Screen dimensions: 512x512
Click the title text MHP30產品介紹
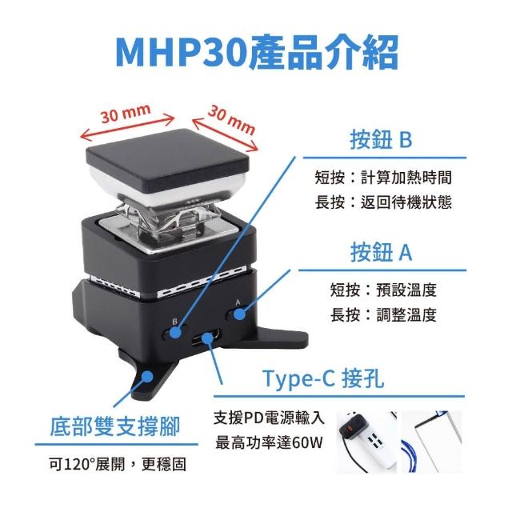point(257,53)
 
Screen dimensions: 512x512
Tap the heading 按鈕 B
point(381,140)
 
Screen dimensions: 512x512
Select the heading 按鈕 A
point(381,252)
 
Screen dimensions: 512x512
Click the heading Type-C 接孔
point(323,378)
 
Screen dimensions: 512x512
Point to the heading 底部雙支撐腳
point(115,426)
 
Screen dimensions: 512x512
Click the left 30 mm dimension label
point(126,114)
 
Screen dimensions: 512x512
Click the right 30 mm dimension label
point(232,120)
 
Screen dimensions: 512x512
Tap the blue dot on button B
point(176,333)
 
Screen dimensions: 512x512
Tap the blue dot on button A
point(240,314)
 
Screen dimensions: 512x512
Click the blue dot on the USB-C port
point(206,338)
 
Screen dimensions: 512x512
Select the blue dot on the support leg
point(147,376)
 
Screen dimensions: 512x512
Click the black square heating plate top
point(167,160)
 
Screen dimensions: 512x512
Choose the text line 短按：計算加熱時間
point(383,178)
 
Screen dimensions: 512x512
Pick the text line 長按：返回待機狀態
point(383,202)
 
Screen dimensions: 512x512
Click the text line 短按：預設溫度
point(383,290)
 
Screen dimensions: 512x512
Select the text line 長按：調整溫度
point(383,314)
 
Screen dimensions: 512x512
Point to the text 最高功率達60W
point(269,442)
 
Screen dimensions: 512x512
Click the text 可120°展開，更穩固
point(118,464)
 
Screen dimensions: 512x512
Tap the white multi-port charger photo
point(366,442)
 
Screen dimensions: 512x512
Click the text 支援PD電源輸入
point(270,418)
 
